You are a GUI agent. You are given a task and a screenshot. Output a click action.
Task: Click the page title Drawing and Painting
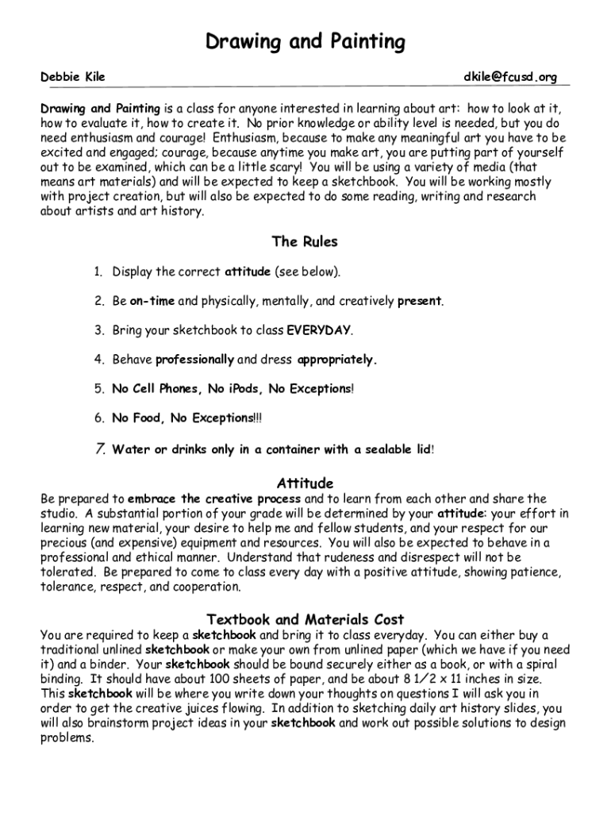point(305,41)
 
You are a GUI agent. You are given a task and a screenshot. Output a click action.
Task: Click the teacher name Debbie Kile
point(73,77)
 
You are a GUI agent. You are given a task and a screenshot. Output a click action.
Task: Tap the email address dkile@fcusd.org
point(510,77)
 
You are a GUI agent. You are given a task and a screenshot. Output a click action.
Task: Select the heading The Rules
point(305,241)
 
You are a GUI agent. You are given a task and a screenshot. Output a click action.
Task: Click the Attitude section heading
point(305,483)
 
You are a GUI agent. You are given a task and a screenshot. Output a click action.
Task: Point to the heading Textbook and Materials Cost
point(305,619)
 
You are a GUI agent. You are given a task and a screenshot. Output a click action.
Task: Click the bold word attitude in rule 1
point(248,272)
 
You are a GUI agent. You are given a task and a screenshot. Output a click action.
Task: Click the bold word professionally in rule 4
point(194,360)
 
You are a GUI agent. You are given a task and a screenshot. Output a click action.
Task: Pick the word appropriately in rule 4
point(336,360)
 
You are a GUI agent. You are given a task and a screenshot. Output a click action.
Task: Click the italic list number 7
point(100,449)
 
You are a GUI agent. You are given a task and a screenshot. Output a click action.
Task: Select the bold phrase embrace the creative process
point(214,499)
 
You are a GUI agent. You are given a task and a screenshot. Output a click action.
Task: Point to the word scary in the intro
point(285,168)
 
